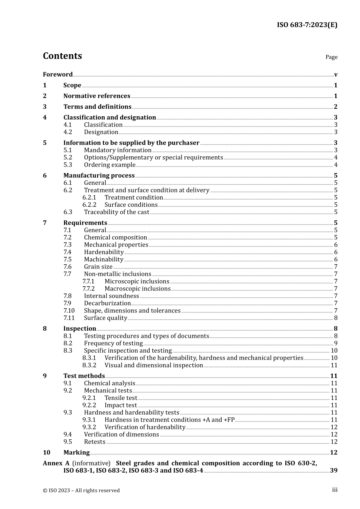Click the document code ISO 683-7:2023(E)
pyautogui.click(x=307, y=25)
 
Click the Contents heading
pyautogui.click(x=62, y=56)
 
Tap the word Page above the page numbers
pyautogui.click(x=331, y=57)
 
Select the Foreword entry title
pyautogui.click(x=58, y=75)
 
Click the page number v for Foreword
pyautogui.click(x=336, y=75)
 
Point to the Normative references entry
pyautogui.click(x=97, y=96)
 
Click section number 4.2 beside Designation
pyautogui.click(x=67, y=132)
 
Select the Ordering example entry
pyautogui.click(x=110, y=165)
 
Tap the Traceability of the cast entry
pyautogui.click(x=116, y=212)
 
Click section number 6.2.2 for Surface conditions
pyautogui.click(x=89, y=205)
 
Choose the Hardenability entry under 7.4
pyautogui.click(x=103, y=252)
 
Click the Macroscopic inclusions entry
pyautogui.click(x=138, y=289)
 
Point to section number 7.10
pyautogui.click(x=69, y=311)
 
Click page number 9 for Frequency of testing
pyautogui.click(x=336, y=343)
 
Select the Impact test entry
pyautogui.click(x=121, y=405)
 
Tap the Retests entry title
pyautogui.click(x=94, y=442)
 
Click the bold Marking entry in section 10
pyautogui.click(x=76, y=453)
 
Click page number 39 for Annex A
pyautogui.click(x=333, y=471)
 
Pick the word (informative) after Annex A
pyautogui.click(x=91, y=463)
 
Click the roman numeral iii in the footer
pyautogui.click(x=335, y=490)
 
